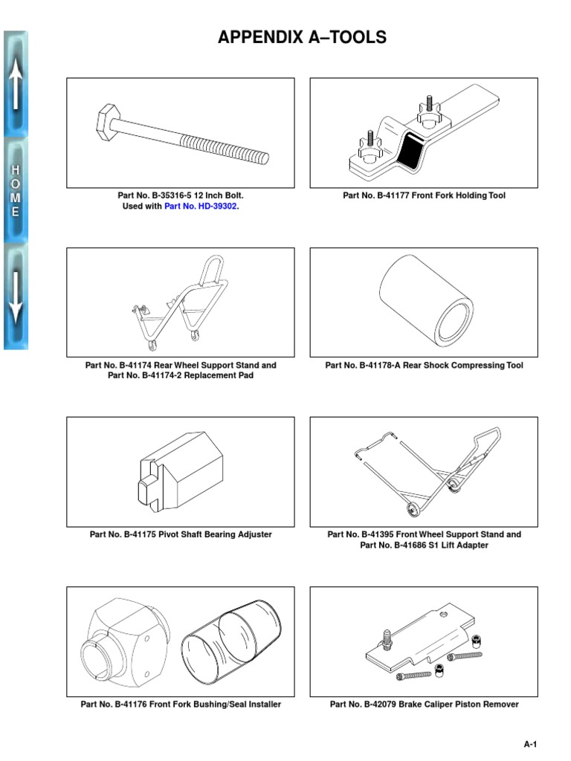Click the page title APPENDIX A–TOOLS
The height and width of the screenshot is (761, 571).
pos(302,38)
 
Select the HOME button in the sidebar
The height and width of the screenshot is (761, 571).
pos(16,190)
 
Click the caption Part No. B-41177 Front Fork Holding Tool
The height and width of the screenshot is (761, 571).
pos(424,196)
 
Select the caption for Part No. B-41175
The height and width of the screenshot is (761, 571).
pos(181,534)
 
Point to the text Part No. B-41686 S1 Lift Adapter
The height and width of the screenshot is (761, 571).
pos(424,545)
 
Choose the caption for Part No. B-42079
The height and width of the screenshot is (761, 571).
pos(424,705)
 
